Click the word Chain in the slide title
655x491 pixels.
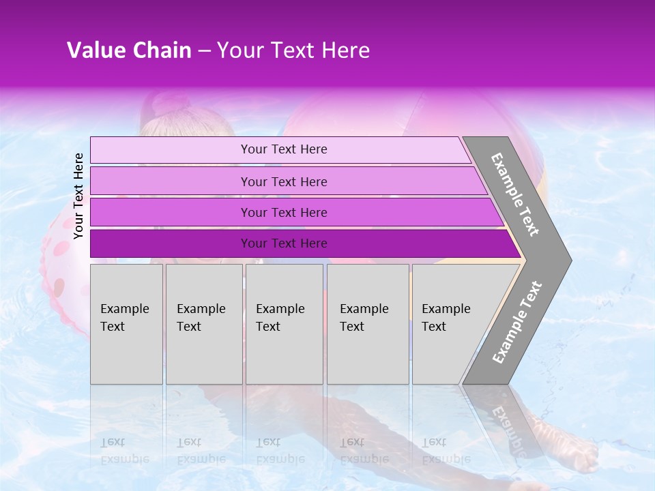coord(162,50)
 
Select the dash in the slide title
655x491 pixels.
coord(204,51)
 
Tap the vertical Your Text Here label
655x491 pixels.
coord(78,196)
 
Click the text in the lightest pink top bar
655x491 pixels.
coord(284,149)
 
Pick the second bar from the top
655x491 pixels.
coord(284,181)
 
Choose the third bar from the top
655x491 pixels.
coord(284,213)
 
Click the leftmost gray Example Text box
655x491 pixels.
coord(126,324)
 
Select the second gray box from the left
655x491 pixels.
coord(203,324)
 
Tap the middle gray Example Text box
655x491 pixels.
coord(284,324)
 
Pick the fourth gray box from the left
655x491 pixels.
coord(368,324)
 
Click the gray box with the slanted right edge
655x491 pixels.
coord(450,324)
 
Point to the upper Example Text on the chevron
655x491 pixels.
coord(515,194)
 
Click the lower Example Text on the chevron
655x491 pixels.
coord(517,323)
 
